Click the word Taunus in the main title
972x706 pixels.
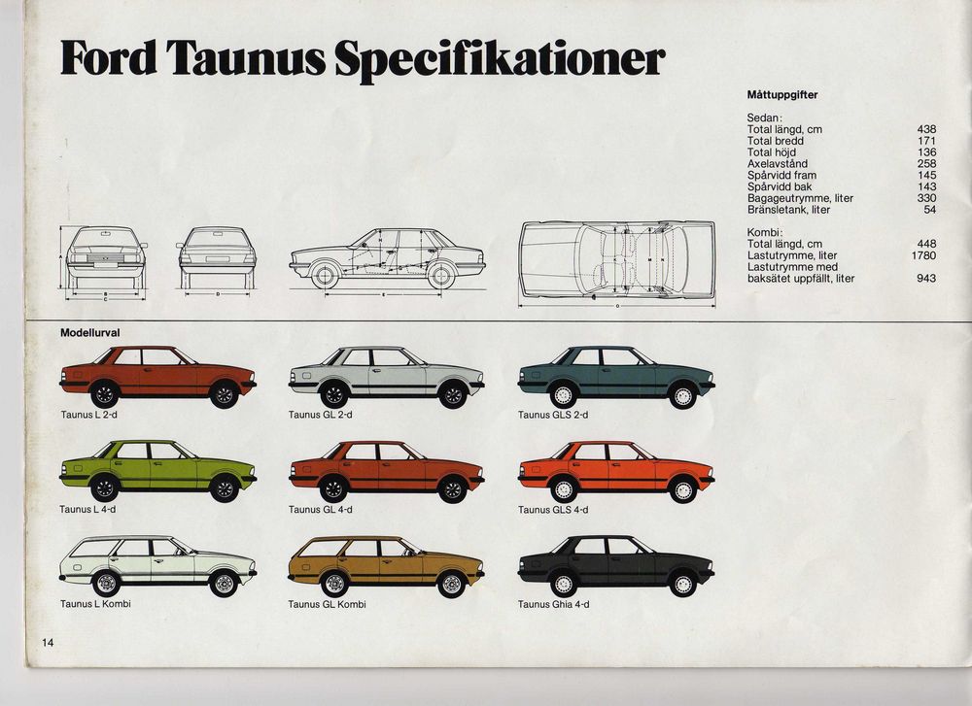(246, 58)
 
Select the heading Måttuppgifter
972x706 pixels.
(782, 95)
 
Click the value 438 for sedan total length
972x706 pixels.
(926, 129)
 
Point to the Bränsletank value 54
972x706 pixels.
(930, 210)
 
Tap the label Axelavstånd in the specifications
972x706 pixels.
(778, 163)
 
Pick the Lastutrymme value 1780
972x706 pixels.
(923, 255)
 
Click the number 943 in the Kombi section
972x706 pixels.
(926, 279)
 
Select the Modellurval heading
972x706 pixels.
(89, 332)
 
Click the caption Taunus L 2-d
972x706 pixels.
(88, 415)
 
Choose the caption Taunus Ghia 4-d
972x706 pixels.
(554, 604)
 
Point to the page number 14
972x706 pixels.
(48, 643)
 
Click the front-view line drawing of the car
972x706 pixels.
(105, 257)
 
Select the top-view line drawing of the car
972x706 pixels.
(617, 260)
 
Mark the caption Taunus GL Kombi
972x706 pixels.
(328, 604)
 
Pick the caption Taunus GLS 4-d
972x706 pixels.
(553, 510)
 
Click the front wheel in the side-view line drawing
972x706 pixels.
(325, 275)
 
